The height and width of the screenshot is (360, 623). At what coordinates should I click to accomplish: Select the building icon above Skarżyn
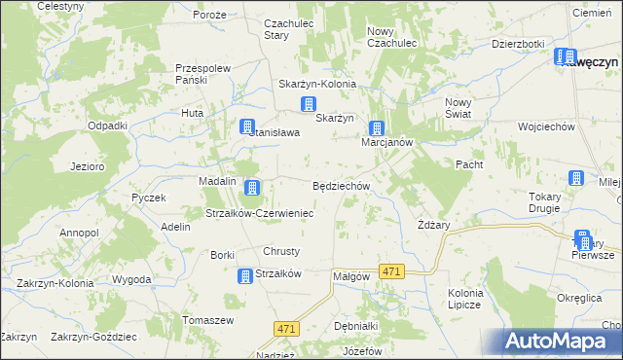tap(309, 105)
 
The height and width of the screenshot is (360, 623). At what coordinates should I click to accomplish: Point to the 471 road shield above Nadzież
tap(285, 330)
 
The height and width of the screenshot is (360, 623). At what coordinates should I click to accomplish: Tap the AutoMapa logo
tap(559, 341)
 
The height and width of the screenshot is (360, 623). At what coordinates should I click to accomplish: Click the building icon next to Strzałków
tap(244, 276)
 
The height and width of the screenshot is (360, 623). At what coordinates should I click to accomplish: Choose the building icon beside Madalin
tap(253, 187)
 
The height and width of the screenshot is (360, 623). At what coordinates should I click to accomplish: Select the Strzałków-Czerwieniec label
tap(258, 213)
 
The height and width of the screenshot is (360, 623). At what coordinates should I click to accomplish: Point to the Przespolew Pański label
tap(202, 75)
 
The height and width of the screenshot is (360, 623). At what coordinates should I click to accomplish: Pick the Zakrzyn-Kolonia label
tap(55, 283)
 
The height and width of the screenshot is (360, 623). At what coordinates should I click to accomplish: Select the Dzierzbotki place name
tap(517, 44)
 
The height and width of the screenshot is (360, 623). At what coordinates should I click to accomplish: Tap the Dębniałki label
tap(355, 327)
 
